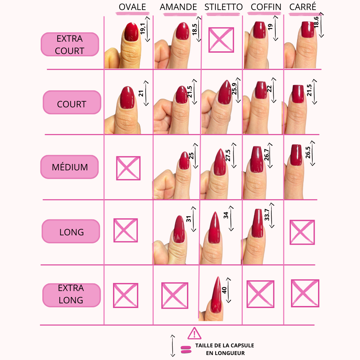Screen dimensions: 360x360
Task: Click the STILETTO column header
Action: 223,7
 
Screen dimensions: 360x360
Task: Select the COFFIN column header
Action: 266,7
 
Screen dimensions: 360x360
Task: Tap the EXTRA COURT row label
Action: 70,45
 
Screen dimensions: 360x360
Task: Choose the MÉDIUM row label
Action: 70,167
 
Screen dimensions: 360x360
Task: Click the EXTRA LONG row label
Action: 71,294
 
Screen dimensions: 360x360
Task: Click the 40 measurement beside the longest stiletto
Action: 224,290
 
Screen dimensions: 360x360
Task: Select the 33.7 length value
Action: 267,215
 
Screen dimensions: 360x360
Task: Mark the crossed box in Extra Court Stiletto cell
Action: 221,40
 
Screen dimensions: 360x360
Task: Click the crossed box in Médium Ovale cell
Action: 128,168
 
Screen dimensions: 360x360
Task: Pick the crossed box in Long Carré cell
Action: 302,232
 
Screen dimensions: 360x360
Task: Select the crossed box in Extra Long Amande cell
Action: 175,295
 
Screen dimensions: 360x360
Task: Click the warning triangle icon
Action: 194,333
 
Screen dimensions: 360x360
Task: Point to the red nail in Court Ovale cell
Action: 127,97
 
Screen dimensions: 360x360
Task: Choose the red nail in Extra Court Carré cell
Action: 308,30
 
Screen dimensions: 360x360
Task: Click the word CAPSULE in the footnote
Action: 242,346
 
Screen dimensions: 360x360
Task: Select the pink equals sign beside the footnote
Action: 186,349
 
